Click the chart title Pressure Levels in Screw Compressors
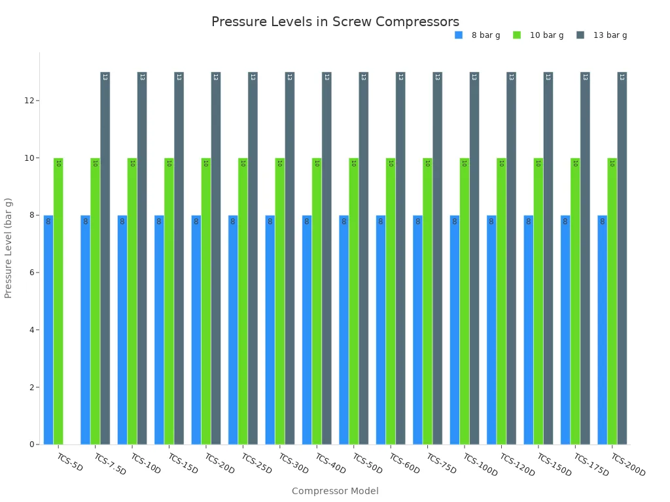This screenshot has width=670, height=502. coord(335,22)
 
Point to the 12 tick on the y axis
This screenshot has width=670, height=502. coord(29,101)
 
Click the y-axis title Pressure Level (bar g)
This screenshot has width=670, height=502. coord(9,248)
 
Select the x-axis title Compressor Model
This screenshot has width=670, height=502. coord(335,491)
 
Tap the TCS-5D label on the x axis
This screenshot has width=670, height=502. coord(70,462)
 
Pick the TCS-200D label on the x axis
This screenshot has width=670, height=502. coord(627,465)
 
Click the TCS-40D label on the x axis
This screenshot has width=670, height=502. coord(330,463)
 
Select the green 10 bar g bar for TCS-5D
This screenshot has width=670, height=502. coord(58,301)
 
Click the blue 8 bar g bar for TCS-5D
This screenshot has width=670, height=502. coord(48,329)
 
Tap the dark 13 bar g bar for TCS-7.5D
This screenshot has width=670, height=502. coord(105,258)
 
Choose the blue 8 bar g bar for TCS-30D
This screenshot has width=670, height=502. coord(270,329)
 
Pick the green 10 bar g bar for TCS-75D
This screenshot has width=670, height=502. coord(427,301)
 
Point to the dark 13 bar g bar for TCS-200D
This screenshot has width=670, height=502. coord(622,258)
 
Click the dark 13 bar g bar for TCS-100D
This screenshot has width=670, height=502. coord(474,258)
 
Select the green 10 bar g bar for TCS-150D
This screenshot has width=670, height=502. coord(538,301)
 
